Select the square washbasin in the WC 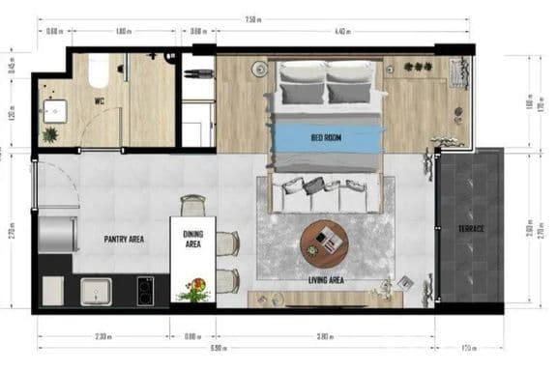tap(52, 110)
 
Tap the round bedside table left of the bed tap(259, 68)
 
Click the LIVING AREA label tap(327, 280)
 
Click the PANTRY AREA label tap(124, 238)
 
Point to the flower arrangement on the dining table tap(196, 288)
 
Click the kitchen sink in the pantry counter tap(98, 290)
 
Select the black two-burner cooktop tap(147, 290)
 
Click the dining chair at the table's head tap(193, 205)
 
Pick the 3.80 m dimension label tap(326, 337)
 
